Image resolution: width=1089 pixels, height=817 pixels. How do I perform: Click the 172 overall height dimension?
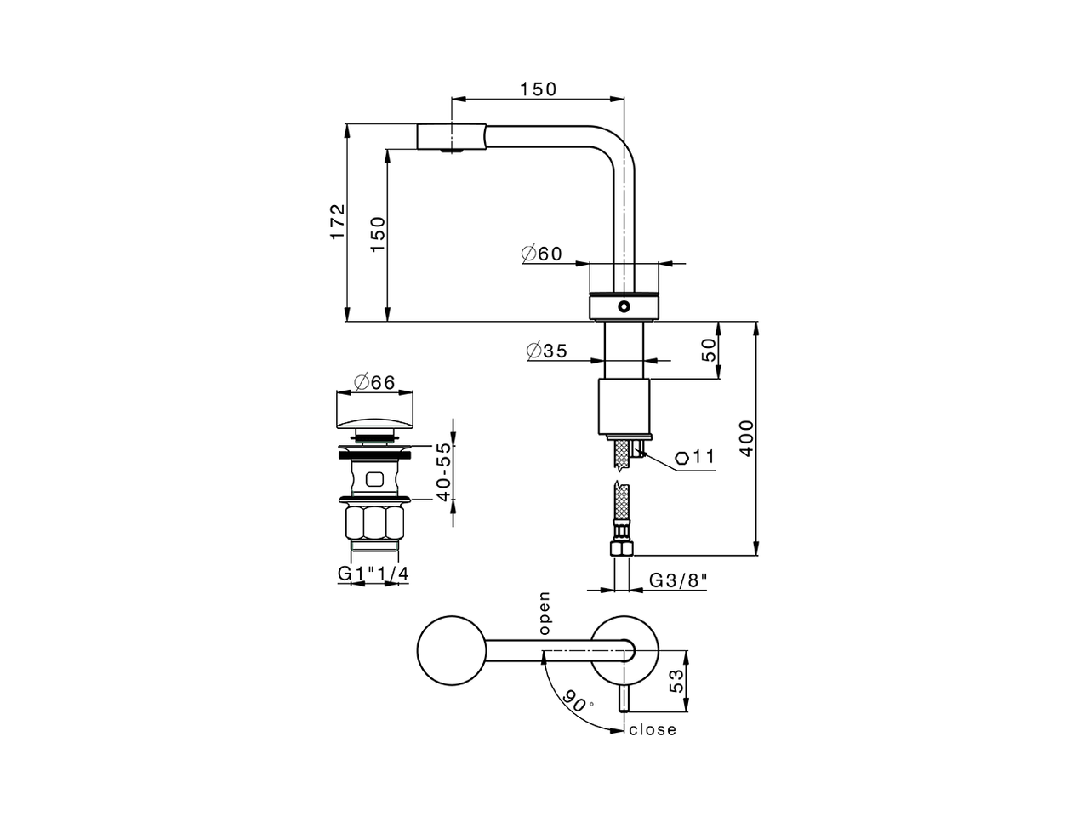pyautogui.click(x=338, y=221)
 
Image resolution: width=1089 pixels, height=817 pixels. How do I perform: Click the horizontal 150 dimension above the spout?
pyautogui.click(x=538, y=89)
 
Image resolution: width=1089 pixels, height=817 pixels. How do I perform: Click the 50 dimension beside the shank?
pyautogui.click(x=709, y=350)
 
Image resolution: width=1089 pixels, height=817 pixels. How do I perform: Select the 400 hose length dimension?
pyautogui.click(x=746, y=439)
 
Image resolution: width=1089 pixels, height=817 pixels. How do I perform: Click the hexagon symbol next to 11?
pyautogui.click(x=682, y=458)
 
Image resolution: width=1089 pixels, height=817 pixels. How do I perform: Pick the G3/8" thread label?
pyautogui.click(x=679, y=580)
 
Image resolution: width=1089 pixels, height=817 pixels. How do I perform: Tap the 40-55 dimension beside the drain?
pyautogui.click(x=442, y=472)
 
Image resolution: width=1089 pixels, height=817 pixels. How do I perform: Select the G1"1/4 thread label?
pyautogui.click(x=373, y=574)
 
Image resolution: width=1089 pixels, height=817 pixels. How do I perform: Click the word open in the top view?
pyautogui.click(x=544, y=614)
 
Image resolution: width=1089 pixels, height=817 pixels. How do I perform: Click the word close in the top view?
pyautogui.click(x=653, y=729)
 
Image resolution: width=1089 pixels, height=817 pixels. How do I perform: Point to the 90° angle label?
pyautogui.click(x=576, y=700)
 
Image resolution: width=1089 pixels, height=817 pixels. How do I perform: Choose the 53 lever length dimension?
pyautogui.click(x=677, y=680)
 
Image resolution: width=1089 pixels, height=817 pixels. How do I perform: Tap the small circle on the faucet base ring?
pyautogui.click(x=624, y=306)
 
